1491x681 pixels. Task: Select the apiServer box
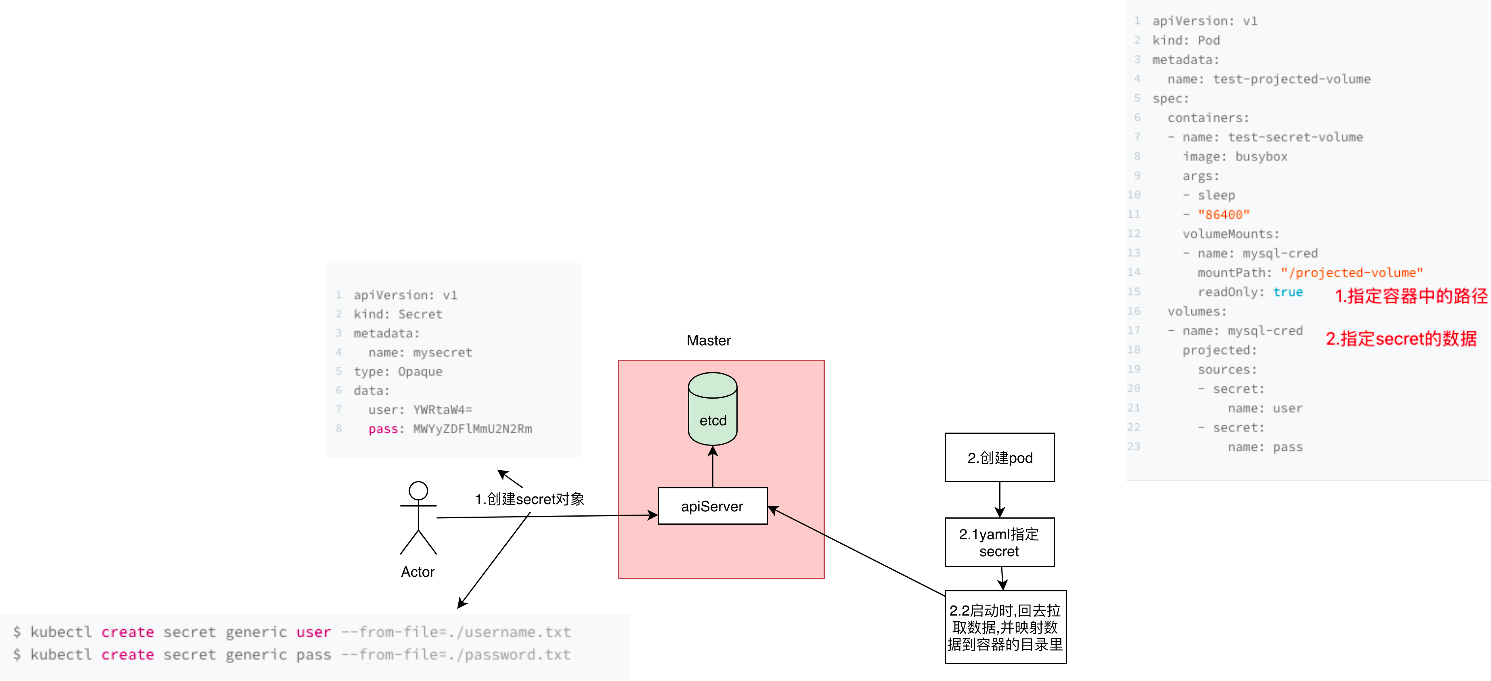point(713,506)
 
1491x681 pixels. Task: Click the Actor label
point(417,572)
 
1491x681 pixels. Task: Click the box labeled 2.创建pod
point(1000,458)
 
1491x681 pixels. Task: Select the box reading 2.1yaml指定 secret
point(1000,542)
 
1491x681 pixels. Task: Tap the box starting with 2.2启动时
point(1005,627)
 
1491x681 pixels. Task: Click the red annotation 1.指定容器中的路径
point(1411,296)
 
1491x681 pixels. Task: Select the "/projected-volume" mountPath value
point(1351,273)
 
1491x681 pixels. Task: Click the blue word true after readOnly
point(1288,292)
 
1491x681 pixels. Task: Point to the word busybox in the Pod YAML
point(1261,156)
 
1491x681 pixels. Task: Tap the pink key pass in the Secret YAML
point(383,429)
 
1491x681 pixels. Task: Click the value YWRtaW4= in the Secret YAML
point(443,410)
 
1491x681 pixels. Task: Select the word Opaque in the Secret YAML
point(420,372)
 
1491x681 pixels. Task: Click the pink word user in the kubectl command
point(313,632)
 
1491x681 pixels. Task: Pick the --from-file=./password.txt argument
point(455,654)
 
